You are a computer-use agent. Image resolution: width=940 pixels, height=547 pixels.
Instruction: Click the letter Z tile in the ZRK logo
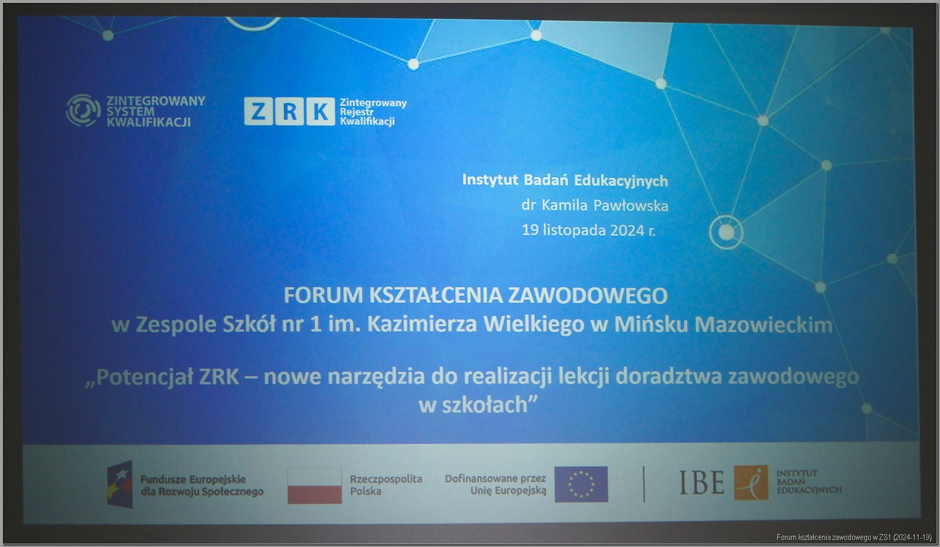pyautogui.click(x=259, y=112)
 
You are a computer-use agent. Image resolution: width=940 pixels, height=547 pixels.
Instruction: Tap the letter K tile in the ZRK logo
pyautogui.click(x=320, y=112)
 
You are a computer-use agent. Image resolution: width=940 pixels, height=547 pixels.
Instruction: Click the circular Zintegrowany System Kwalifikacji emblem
pyautogui.click(x=83, y=111)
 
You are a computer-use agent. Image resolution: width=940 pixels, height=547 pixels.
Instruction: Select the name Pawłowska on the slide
pyautogui.click(x=631, y=206)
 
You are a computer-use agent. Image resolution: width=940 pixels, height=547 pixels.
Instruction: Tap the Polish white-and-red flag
pyautogui.click(x=315, y=485)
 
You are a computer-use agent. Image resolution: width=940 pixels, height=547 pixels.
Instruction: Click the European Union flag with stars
pyautogui.click(x=581, y=484)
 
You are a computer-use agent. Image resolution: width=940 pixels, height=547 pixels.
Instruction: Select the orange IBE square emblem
pyautogui.click(x=751, y=483)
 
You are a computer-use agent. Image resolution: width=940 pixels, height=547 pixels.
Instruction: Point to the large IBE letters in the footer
pyautogui.click(x=702, y=483)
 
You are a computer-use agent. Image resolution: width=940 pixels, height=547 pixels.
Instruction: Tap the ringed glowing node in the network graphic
pyautogui.click(x=726, y=232)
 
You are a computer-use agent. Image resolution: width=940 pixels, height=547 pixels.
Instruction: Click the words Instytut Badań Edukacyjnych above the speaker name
pyautogui.click(x=565, y=180)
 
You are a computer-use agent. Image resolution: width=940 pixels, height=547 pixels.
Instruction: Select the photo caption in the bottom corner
pyautogui.click(x=854, y=537)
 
